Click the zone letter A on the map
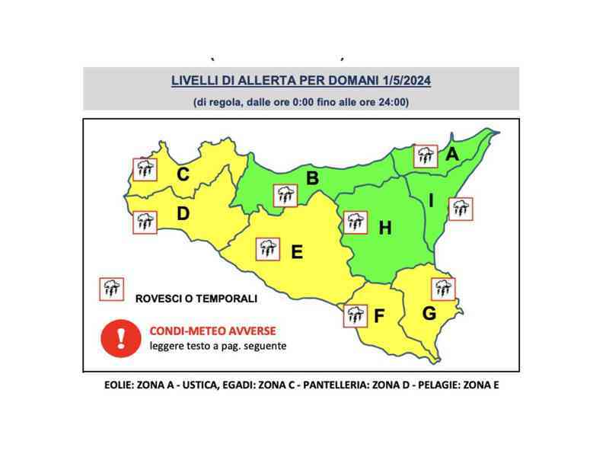[452, 154]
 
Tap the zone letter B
[311, 179]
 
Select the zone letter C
[183, 174]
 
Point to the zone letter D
[183, 214]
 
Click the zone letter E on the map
[297, 251]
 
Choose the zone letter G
[429, 312]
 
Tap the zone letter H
[384, 227]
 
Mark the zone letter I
[431, 201]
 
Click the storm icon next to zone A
[426, 156]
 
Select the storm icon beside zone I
[461, 209]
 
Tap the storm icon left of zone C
[144, 168]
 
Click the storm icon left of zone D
[144, 222]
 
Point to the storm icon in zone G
[442, 289]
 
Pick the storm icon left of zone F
[355, 315]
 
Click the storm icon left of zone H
[354, 222]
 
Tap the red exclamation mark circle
[117, 337]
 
